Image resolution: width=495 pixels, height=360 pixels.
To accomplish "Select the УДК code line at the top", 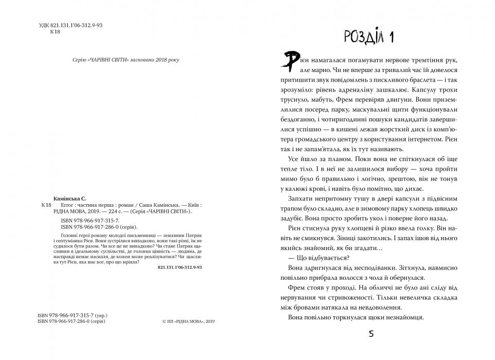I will [x=71, y=25].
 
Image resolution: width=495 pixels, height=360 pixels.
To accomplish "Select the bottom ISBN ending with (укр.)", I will [x=74, y=314].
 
